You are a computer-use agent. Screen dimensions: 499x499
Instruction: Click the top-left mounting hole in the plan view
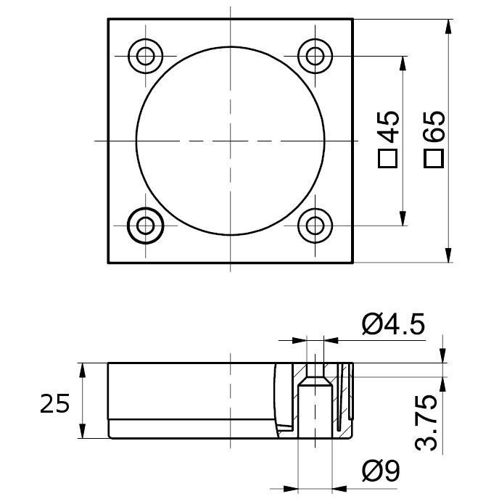click(146, 56)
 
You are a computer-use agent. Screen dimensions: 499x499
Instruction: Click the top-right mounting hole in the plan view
click(315, 56)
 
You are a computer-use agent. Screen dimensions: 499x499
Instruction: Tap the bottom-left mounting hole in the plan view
click(146, 226)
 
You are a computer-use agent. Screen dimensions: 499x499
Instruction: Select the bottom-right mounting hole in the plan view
click(315, 226)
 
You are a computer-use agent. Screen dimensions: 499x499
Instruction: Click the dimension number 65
click(434, 126)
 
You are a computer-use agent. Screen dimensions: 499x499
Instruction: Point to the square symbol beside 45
click(387, 159)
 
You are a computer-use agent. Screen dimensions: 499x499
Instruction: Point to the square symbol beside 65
click(434, 159)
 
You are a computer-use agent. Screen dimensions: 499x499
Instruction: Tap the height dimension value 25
click(54, 403)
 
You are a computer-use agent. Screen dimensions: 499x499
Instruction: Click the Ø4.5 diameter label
click(393, 325)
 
